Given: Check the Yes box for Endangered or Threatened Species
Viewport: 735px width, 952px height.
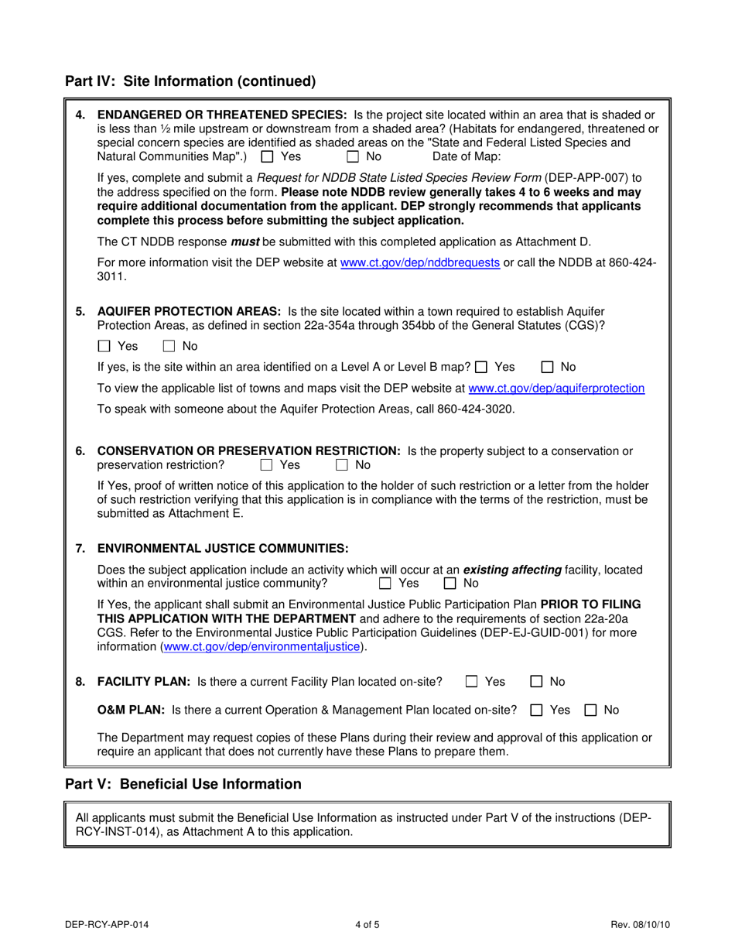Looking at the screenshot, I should [x=268, y=156].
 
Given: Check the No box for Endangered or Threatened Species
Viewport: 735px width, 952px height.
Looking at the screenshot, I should [x=353, y=156].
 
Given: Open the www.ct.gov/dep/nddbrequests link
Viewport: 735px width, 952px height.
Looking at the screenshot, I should [x=420, y=262].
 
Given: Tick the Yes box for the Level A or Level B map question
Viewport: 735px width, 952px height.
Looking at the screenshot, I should [x=482, y=367].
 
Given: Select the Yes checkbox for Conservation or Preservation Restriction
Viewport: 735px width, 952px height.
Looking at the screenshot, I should [x=267, y=465].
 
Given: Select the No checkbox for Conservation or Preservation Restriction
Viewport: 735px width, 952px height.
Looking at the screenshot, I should [x=342, y=465].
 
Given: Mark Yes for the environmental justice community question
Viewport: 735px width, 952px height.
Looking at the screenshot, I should [x=385, y=584].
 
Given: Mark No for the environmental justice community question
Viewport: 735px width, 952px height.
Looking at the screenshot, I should [x=450, y=584].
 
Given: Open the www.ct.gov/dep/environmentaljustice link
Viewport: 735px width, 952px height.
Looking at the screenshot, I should [x=262, y=646].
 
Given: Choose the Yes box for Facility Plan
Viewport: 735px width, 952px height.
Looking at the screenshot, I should [x=472, y=682].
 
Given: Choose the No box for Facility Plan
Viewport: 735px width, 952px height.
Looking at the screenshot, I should [x=536, y=682].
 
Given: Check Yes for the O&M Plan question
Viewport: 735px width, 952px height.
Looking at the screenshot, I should [x=536, y=710].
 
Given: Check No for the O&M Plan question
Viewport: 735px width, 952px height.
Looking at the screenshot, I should [x=590, y=710].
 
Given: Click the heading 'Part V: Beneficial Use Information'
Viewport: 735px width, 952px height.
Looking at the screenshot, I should [x=183, y=784].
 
